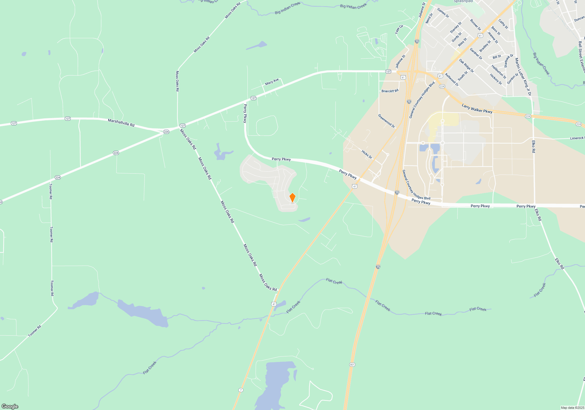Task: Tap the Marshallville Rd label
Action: [121, 122]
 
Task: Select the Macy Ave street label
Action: [272, 82]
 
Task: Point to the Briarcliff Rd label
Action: [390, 91]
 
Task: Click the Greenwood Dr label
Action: [386, 121]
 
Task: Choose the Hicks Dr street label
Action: [367, 154]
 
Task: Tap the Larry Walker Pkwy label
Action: [477, 109]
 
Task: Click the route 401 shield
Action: [352, 365]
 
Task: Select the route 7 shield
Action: [241, 390]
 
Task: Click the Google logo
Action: [10, 406]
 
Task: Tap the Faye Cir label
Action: [399, 29]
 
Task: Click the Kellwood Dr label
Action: [452, 80]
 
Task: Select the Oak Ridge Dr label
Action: [466, 66]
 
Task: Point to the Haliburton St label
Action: [498, 72]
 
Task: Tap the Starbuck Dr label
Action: [509, 61]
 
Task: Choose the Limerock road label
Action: [577, 138]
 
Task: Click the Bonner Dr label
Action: [475, 25]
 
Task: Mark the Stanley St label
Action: [455, 27]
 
